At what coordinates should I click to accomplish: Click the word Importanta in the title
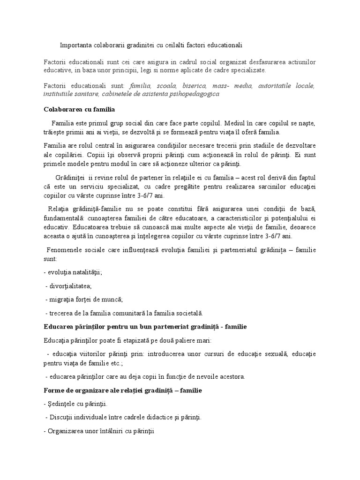[75, 45]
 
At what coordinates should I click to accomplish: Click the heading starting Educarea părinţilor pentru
[145, 325]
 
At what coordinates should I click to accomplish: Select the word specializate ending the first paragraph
[247, 70]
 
